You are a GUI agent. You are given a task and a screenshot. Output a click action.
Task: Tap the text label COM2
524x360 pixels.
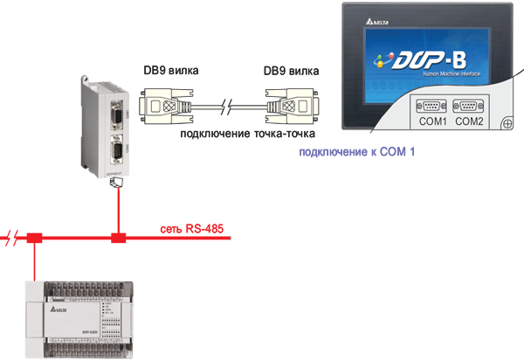pyautogui.click(x=469, y=121)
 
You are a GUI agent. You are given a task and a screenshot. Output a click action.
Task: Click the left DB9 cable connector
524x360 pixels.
pyautogui.click(x=171, y=106)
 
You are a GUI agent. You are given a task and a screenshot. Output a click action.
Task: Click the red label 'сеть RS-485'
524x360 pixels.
pyautogui.click(x=191, y=230)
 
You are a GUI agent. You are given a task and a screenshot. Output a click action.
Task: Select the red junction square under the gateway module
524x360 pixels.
pyautogui.click(x=118, y=238)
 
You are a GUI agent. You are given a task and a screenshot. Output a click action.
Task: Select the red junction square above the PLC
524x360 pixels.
pyautogui.click(x=35, y=238)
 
